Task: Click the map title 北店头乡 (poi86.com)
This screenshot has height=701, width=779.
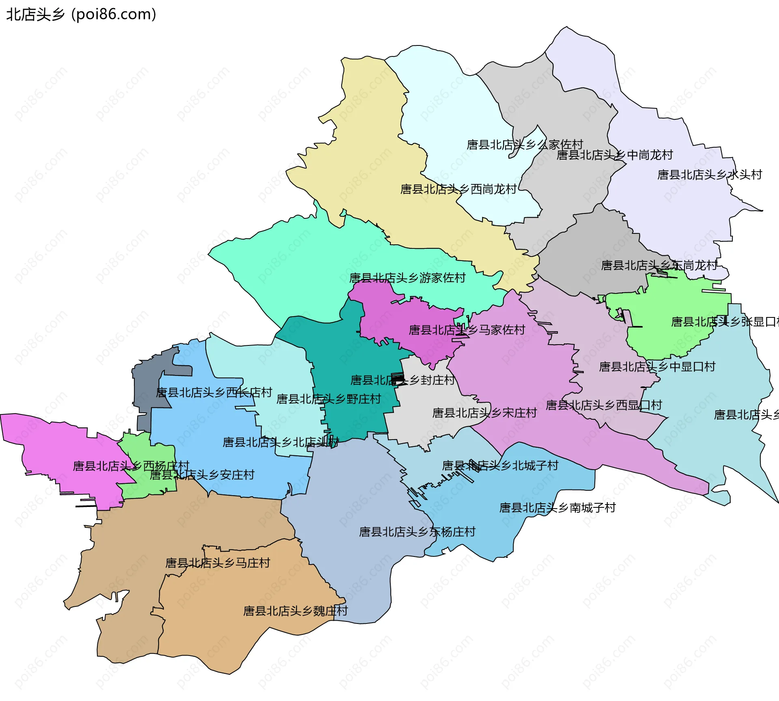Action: pos(81,15)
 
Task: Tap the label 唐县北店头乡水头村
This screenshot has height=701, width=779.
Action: pos(709,175)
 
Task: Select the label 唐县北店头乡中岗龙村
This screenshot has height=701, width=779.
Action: pos(614,155)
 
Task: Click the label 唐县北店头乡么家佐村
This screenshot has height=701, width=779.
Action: pos(525,145)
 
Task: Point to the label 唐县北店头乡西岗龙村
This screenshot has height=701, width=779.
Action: pos(458,189)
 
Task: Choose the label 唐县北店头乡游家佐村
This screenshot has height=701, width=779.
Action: pos(407,278)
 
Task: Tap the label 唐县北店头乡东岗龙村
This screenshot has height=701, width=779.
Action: pos(659,265)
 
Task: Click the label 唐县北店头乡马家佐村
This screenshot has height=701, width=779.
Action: pos(467,330)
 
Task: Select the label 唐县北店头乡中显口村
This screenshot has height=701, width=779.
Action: pos(657,367)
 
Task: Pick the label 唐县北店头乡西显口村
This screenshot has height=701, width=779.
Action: pos(604,405)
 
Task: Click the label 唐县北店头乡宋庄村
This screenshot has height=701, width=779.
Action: pos(484,413)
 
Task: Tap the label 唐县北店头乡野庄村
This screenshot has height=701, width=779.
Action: pos(328,399)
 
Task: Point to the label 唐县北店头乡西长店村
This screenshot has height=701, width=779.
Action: pos(214,393)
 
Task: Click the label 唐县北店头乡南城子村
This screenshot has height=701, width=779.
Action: pos(557,508)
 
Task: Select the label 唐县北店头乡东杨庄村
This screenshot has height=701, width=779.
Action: pos(417,532)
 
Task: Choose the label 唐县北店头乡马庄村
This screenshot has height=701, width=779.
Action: pos(217,563)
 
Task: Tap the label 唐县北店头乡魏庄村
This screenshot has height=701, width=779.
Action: pos(295,611)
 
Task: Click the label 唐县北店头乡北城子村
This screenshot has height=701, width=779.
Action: pos(500,466)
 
